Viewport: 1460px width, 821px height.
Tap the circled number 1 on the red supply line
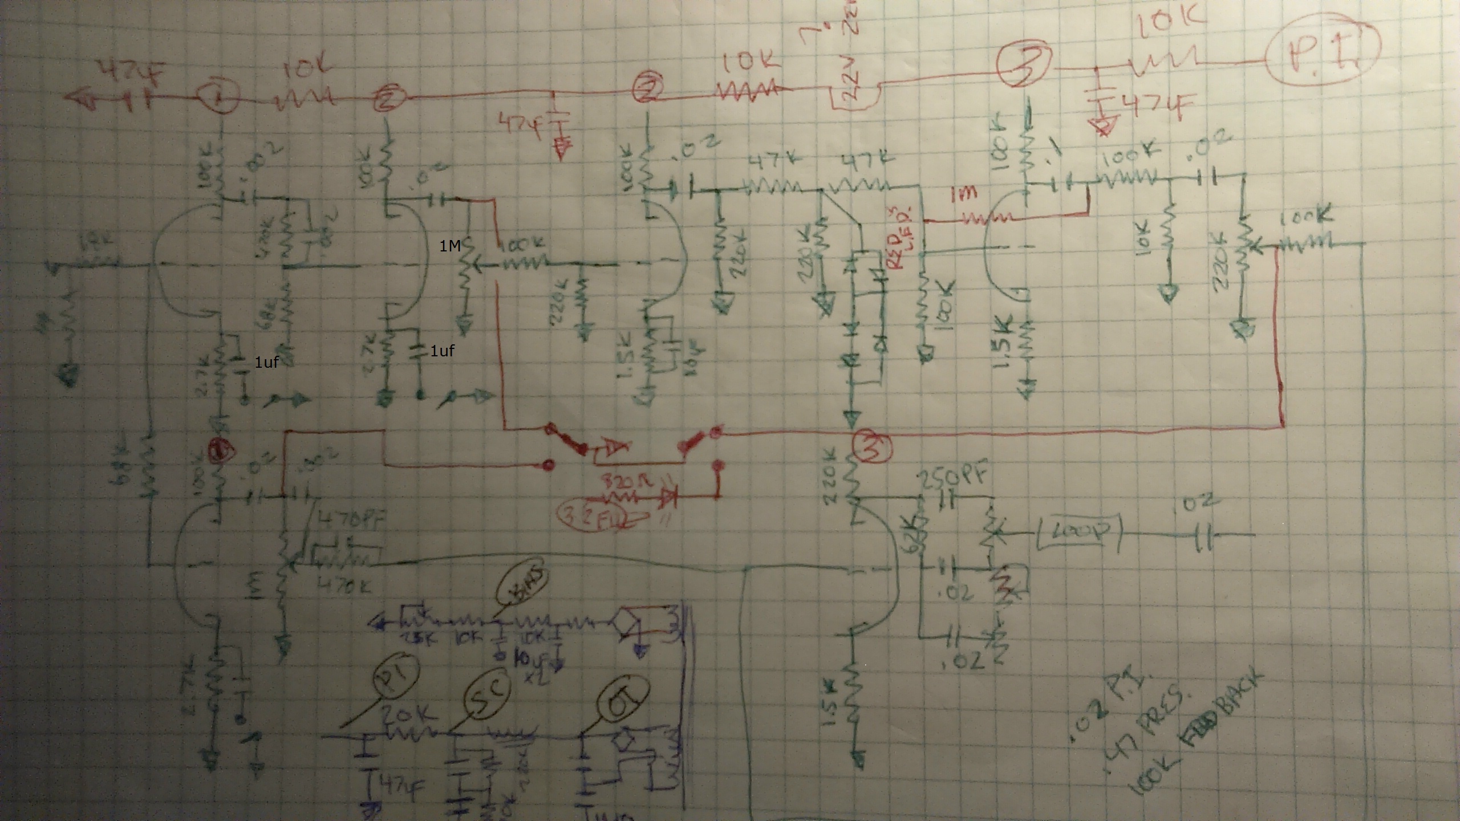(x=218, y=98)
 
